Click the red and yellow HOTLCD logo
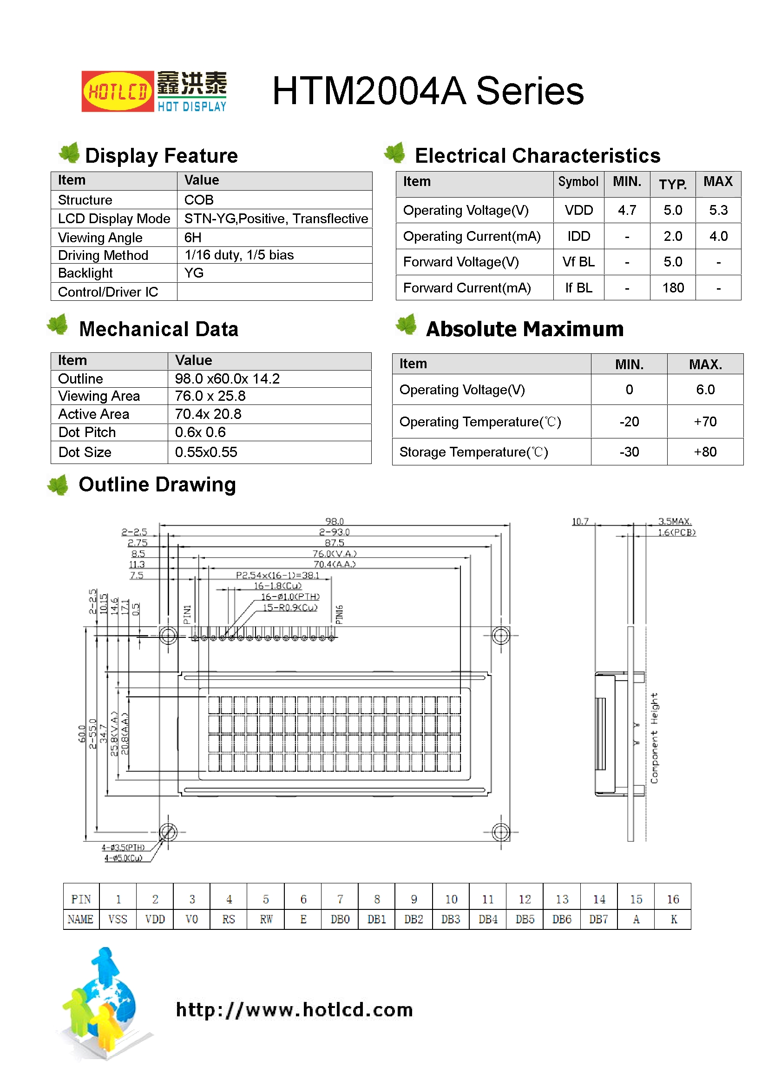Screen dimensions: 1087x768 [118, 92]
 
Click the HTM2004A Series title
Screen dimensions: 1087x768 [427, 91]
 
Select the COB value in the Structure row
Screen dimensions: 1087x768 [199, 200]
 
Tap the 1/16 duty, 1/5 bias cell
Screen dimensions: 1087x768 [239, 255]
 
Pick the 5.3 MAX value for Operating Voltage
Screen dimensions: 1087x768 [718, 210]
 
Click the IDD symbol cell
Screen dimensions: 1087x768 [578, 236]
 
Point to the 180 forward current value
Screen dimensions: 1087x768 [672, 288]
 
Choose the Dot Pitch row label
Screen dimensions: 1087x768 [87, 432]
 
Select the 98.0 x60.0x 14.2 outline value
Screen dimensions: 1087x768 [227, 379]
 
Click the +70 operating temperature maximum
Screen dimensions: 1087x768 [705, 421]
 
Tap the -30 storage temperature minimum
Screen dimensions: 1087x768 [629, 452]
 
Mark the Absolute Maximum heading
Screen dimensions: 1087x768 [524, 329]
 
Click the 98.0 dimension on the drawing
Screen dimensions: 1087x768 [334, 521]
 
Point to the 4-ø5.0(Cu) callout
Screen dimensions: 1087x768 [123, 858]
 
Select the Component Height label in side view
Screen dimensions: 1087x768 [654, 738]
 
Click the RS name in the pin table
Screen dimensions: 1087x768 [229, 920]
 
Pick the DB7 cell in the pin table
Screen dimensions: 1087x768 [598, 920]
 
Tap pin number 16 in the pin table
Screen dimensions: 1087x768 [672, 899]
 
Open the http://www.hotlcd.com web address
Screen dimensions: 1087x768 [294, 1010]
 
